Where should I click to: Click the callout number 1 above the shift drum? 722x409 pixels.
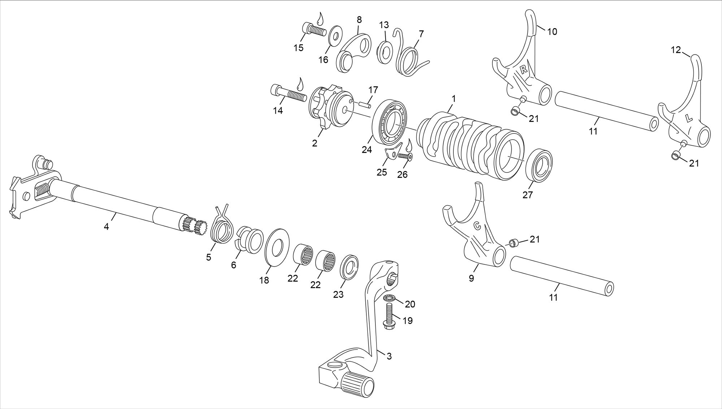coord(453,98)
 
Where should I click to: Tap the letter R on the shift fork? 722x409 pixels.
coord(523,70)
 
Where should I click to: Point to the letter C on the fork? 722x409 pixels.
coord(478,226)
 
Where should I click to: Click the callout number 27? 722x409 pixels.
coord(527,195)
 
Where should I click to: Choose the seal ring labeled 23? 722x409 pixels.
coord(350,267)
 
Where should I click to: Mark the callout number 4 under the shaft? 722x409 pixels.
coord(106,227)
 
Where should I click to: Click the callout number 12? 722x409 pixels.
coord(675,50)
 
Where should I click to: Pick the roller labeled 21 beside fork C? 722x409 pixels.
coord(513,242)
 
